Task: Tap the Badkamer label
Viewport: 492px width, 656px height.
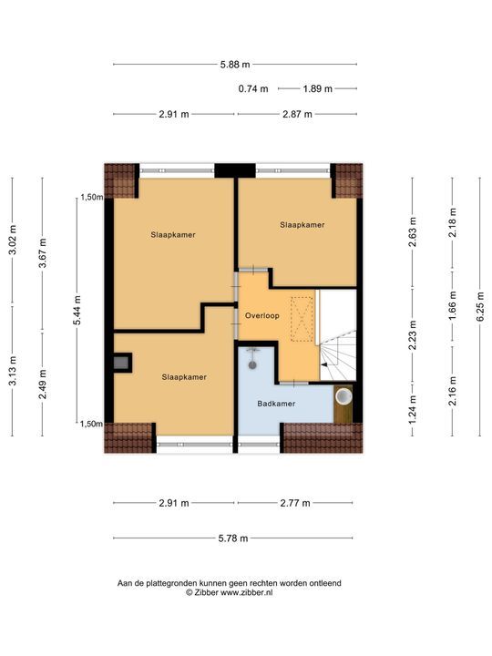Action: pos(276,403)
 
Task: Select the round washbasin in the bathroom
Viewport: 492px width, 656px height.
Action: pos(343,397)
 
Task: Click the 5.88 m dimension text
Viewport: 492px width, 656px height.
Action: pos(235,64)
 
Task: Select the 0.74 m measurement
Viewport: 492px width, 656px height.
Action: pos(253,88)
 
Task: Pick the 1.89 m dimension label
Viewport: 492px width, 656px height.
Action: pos(317,88)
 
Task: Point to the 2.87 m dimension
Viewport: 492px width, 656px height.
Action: pos(296,114)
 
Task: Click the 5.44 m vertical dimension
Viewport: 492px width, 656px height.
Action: pos(78,310)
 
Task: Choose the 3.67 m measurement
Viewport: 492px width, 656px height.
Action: pos(43,248)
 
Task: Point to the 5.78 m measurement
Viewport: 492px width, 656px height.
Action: pos(235,538)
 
